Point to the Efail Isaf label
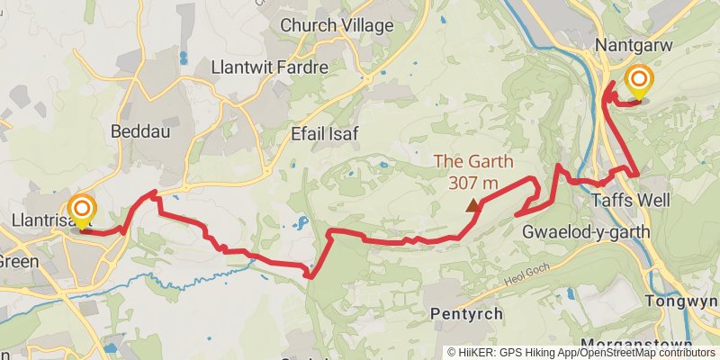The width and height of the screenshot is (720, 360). [x=325, y=134]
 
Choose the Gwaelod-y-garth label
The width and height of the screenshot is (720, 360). [x=586, y=232]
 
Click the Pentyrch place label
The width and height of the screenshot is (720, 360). [x=466, y=314]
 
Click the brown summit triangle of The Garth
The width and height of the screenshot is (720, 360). [x=472, y=205]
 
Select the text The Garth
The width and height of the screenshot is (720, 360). [x=473, y=163]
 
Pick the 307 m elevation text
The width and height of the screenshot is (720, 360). [x=473, y=183]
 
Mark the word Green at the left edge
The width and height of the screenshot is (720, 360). [x=15, y=262]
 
